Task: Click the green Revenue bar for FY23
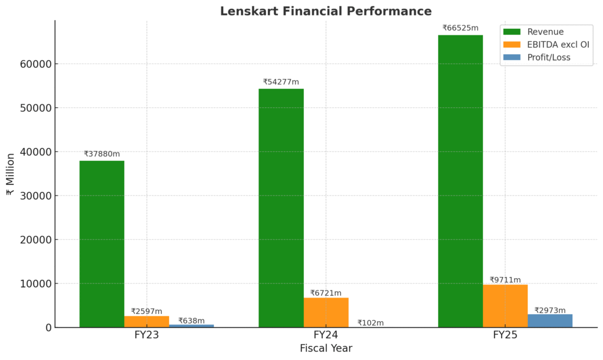click(102, 244)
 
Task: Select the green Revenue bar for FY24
click(281, 208)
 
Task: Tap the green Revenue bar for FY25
click(460, 181)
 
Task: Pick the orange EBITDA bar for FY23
click(147, 322)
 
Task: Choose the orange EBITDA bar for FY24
click(326, 312)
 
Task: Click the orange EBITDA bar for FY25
click(505, 306)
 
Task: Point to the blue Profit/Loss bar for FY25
click(550, 321)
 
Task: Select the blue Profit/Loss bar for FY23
click(191, 326)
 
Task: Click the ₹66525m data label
click(460, 28)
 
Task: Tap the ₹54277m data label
click(281, 82)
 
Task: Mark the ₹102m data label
click(370, 323)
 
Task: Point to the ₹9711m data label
click(505, 280)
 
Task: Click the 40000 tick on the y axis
click(35, 152)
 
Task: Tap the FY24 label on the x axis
click(326, 335)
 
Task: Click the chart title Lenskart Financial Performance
click(326, 11)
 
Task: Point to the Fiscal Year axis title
click(326, 349)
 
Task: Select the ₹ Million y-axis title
click(11, 174)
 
